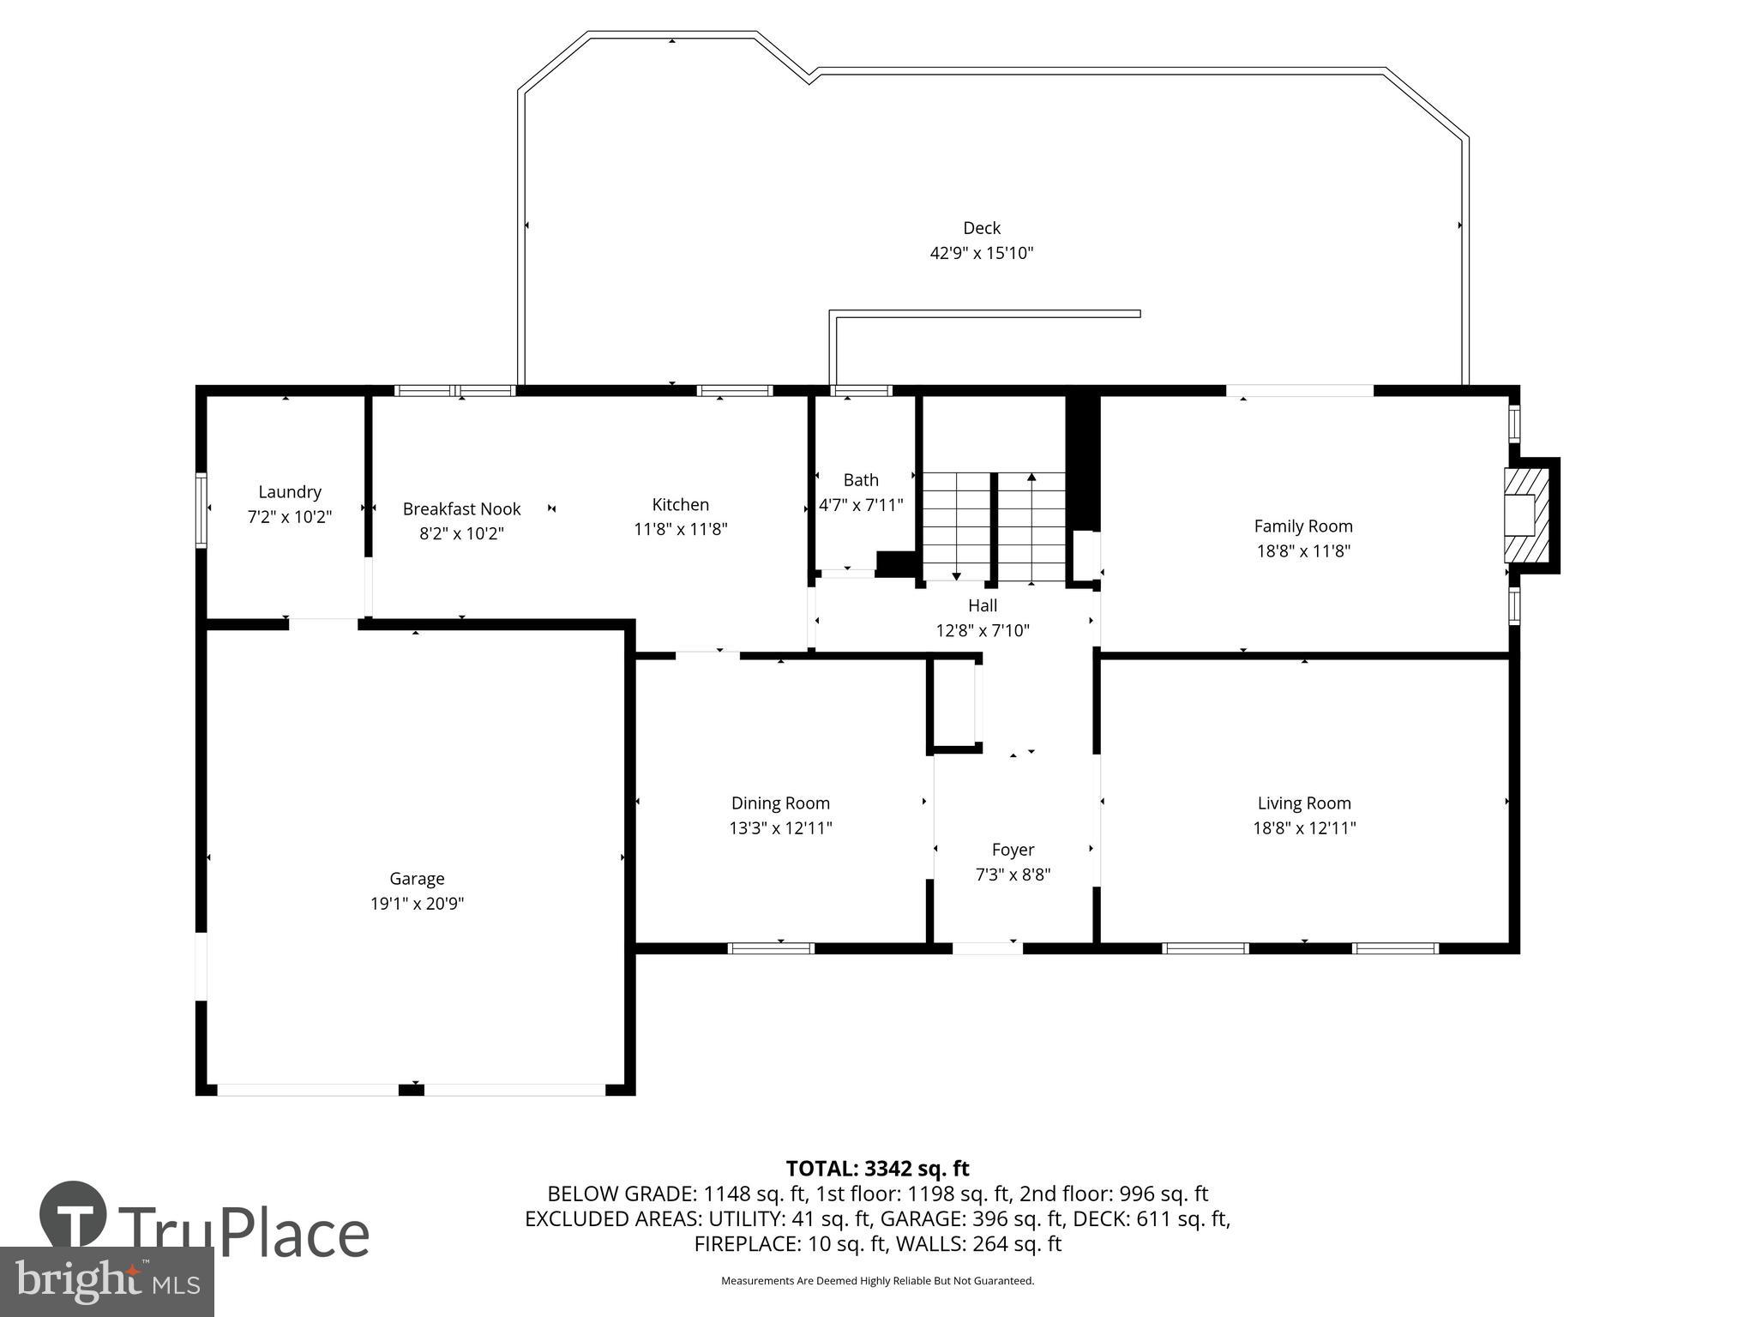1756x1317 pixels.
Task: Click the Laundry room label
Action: click(x=290, y=492)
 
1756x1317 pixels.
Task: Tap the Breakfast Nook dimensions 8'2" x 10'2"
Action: click(x=461, y=533)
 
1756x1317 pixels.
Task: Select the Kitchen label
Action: click(x=680, y=504)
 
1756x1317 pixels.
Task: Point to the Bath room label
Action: click(x=860, y=480)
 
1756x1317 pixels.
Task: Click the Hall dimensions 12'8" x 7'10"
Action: click(x=982, y=631)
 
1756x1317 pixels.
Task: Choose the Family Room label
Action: click(x=1302, y=526)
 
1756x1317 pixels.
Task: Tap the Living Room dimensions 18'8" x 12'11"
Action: click(x=1303, y=828)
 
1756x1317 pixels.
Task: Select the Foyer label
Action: click(x=1013, y=850)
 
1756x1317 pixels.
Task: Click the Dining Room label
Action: click(x=780, y=803)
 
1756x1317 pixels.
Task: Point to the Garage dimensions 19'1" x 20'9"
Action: click(x=417, y=904)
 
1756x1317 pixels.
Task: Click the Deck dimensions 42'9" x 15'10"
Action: click(x=981, y=254)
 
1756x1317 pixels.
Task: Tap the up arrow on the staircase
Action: click(x=1031, y=477)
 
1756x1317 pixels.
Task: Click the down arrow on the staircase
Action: click(x=957, y=576)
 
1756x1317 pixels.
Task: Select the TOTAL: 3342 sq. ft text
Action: click(x=877, y=1169)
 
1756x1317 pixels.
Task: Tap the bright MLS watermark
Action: click(x=106, y=1281)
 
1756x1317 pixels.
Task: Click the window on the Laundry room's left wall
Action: click(x=201, y=510)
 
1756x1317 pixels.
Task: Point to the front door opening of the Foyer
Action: click(x=987, y=948)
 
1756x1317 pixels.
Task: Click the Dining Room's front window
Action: click(x=771, y=948)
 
